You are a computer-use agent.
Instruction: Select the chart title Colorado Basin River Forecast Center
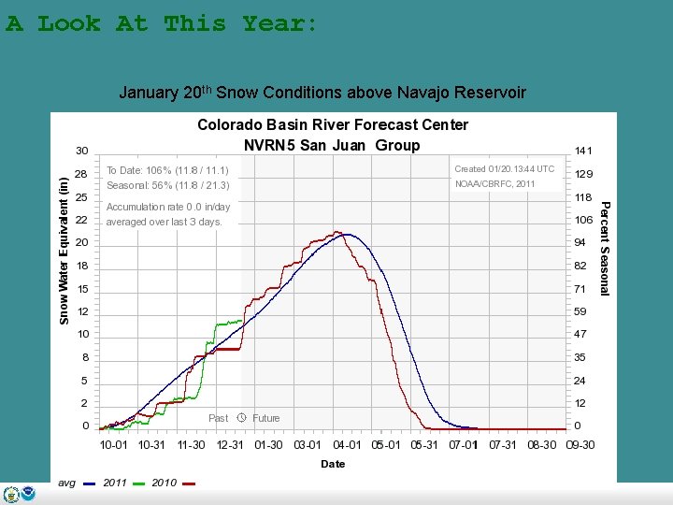(332, 124)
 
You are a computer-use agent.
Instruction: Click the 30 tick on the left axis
(82, 151)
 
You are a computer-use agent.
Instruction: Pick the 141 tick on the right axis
(583, 151)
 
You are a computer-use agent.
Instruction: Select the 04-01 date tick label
(348, 445)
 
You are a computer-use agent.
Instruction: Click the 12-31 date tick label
(230, 445)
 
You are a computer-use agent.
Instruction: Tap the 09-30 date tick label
(580, 445)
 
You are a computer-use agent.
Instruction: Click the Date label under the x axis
(333, 464)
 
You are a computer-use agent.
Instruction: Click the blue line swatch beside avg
(90, 483)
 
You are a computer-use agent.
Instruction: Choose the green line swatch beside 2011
(139, 483)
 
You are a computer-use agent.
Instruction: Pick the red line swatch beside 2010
(189, 483)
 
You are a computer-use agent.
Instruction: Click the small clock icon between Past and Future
(241, 418)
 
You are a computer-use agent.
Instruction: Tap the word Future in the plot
(265, 418)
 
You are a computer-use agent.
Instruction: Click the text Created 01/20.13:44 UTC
(504, 169)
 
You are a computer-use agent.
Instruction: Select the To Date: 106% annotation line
(167, 170)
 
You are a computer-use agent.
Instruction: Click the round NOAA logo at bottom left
(28, 495)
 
